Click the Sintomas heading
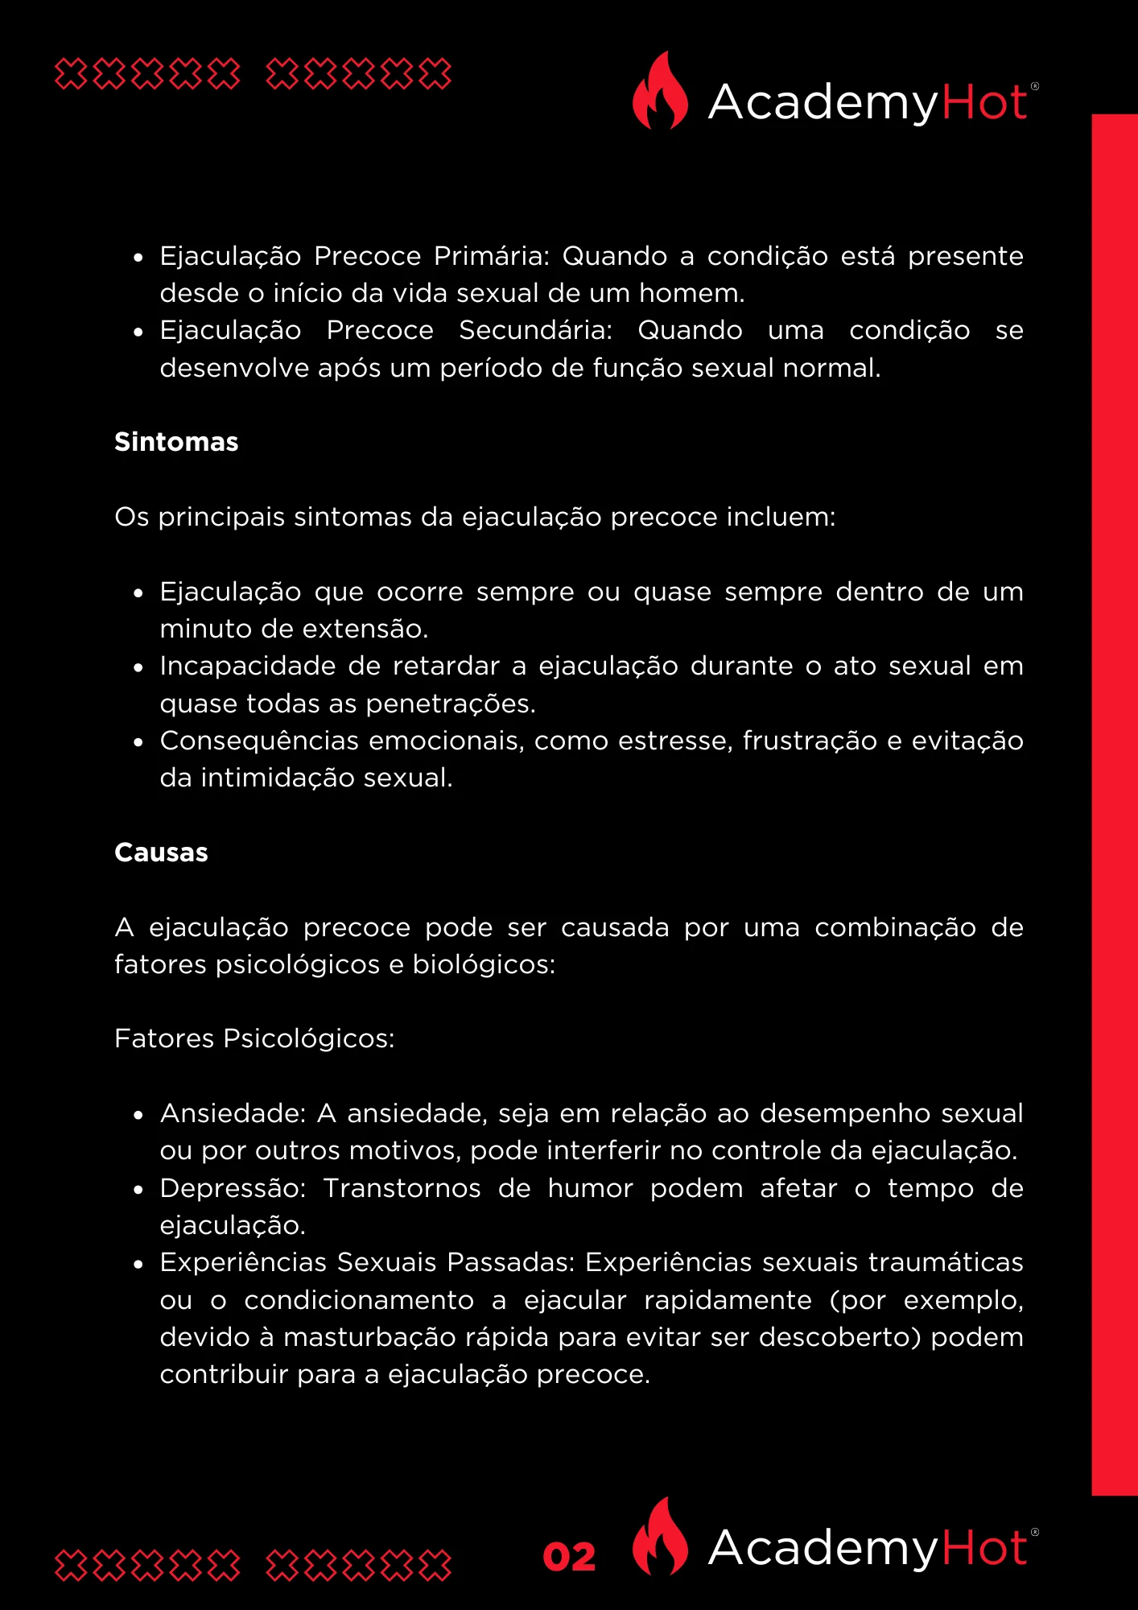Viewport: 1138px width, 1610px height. pyautogui.click(x=176, y=442)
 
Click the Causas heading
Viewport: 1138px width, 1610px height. pyautogui.click(x=161, y=852)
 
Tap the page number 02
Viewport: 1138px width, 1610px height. pyautogui.click(x=569, y=1557)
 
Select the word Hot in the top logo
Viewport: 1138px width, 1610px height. pyautogui.click(x=983, y=102)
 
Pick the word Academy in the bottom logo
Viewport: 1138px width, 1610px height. pyautogui.click(x=823, y=1547)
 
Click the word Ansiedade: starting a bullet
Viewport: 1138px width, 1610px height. pyautogui.click(x=233, y=1113)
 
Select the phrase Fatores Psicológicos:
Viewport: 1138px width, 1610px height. pyautogui.click(x=254, y=1038)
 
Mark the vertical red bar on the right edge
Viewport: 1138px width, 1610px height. pyautogui.click(x=1115, y=805)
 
